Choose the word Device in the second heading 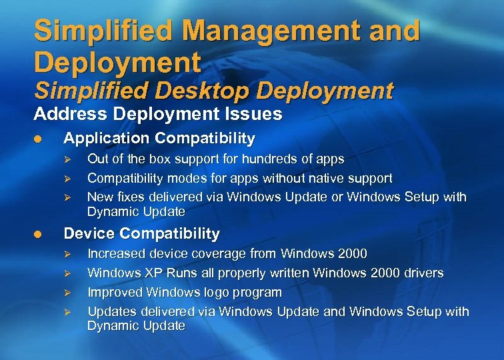coord(85,233)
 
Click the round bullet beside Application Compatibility coord(39,139)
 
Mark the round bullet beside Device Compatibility coord(39,234)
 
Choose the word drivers coord(421,273)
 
